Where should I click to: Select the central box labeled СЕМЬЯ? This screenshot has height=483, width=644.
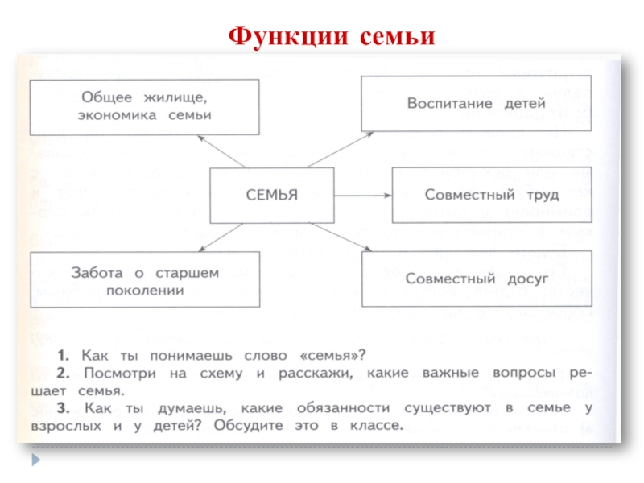(x=271, y=195)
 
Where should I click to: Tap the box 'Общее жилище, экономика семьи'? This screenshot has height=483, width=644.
(x=145, y=106)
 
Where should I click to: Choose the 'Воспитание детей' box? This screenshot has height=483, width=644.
(x=476, y=104)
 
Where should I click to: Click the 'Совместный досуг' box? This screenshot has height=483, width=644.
(x=477, y=279)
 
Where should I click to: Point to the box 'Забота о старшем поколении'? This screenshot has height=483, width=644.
(x=145, y=279)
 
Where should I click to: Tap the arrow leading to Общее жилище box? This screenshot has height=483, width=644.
(x=221, y=151)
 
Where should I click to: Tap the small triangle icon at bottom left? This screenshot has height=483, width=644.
(x=35, y=460)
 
